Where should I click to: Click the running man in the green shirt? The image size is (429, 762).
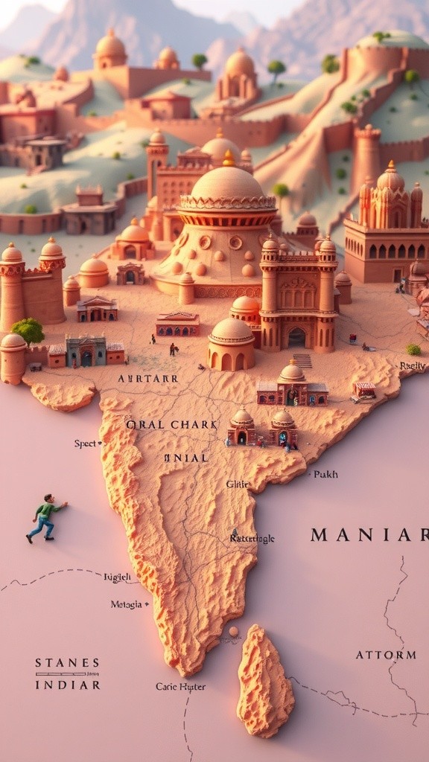point(45,518)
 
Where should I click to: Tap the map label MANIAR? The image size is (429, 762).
point(369,534)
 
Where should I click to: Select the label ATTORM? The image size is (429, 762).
point(385,655)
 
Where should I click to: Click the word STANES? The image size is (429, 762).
point(67,662)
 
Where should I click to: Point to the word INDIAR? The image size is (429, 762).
point(67,684)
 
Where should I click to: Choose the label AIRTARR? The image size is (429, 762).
point(147,378)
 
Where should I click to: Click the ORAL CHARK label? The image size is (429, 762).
point(171,424)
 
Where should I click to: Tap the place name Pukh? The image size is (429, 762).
point(325,473)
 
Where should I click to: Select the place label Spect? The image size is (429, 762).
point(86,444)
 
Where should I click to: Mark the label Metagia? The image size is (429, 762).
point(126,604)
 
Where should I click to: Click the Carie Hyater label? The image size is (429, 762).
point(180,686)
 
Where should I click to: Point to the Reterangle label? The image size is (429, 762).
point(253,538)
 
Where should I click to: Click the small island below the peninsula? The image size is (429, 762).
point(264,681)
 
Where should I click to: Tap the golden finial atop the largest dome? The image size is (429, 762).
point(228,159)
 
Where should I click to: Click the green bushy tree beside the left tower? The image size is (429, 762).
point(28,330)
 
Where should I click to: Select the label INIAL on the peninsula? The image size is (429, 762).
point(186,458)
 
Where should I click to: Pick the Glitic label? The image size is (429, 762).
point(238,484)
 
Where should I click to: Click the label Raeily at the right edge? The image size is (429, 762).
point(413,365)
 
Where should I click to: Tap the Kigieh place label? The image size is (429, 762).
point(117,577)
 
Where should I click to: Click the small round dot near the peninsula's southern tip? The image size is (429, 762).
point(234,631)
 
